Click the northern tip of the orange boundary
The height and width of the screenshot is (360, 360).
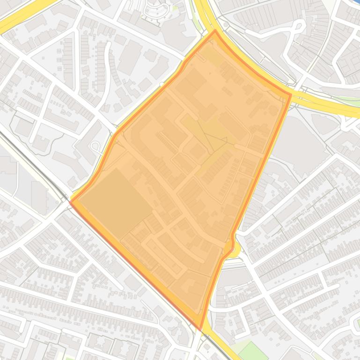coord(215,31)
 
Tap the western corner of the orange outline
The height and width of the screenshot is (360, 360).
coord(71,201)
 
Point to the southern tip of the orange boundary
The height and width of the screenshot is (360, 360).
coord(201,329)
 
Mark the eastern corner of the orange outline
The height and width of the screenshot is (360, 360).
coord(290,95)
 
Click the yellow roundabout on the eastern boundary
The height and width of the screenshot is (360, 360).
coord(233,248)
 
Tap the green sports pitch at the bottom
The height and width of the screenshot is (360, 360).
coord(252,351)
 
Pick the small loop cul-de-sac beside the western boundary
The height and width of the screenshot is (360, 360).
coord(95,147)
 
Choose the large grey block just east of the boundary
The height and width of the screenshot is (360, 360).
coord(300,140)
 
